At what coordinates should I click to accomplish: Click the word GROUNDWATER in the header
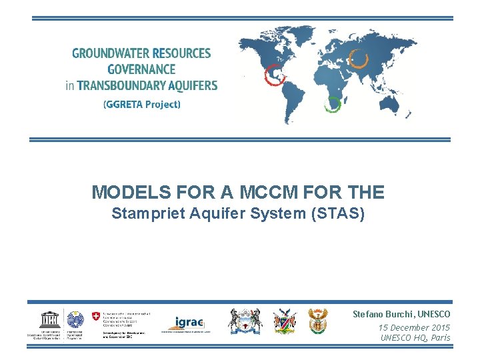(107, 54)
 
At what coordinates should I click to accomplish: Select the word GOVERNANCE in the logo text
(141, 69)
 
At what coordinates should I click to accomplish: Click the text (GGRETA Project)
(141, 105)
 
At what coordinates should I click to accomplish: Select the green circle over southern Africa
(332, 103)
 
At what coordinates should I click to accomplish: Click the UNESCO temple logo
(48, 319)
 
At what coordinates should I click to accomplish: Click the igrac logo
(188, 323)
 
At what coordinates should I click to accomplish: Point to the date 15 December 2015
(413, 327)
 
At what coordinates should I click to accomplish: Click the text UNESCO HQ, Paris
(415, 338)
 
